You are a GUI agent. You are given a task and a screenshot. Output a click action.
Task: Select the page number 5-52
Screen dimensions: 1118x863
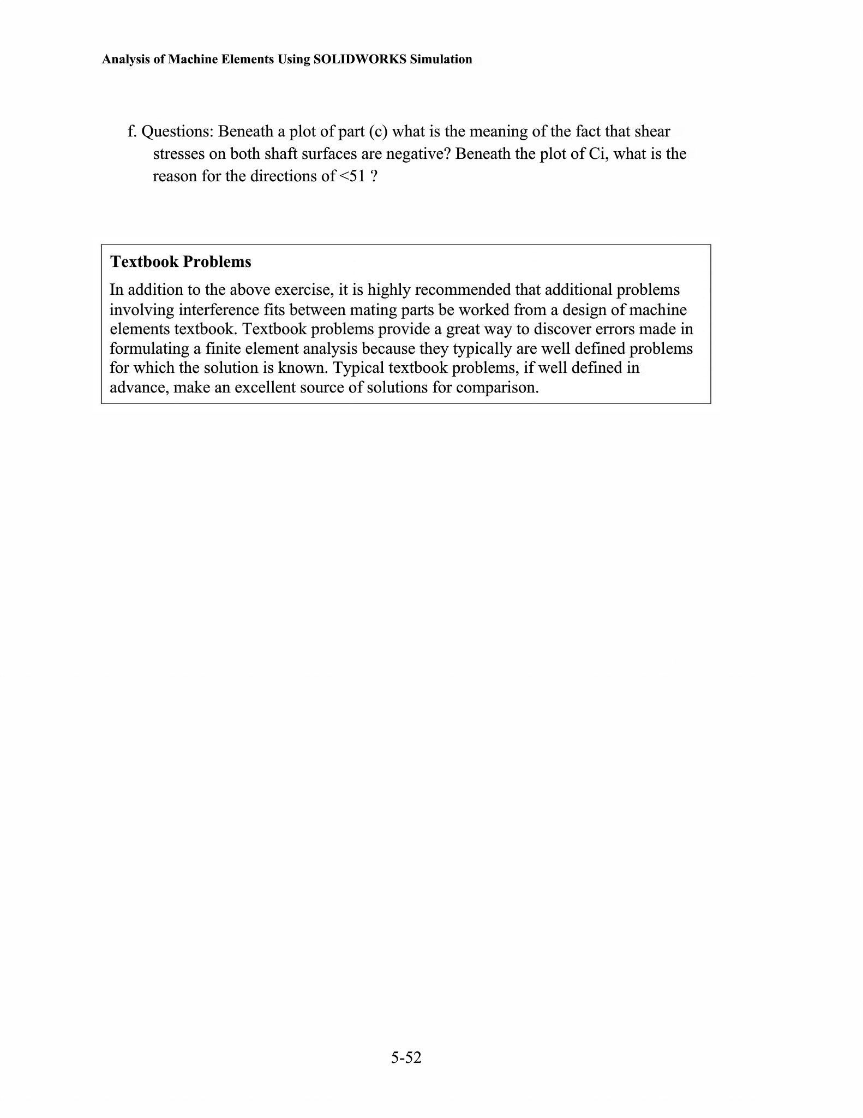click(x=406, y=1057)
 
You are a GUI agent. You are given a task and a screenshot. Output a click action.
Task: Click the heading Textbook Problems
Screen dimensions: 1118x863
click(x=181, y=261)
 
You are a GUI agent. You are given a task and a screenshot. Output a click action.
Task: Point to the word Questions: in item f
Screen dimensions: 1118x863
click(x=177, y=132)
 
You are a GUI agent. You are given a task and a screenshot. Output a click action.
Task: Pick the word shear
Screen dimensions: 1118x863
click(x=652, y=132)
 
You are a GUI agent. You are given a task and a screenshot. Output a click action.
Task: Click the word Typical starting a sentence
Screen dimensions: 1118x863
click(x=357, y=368)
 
